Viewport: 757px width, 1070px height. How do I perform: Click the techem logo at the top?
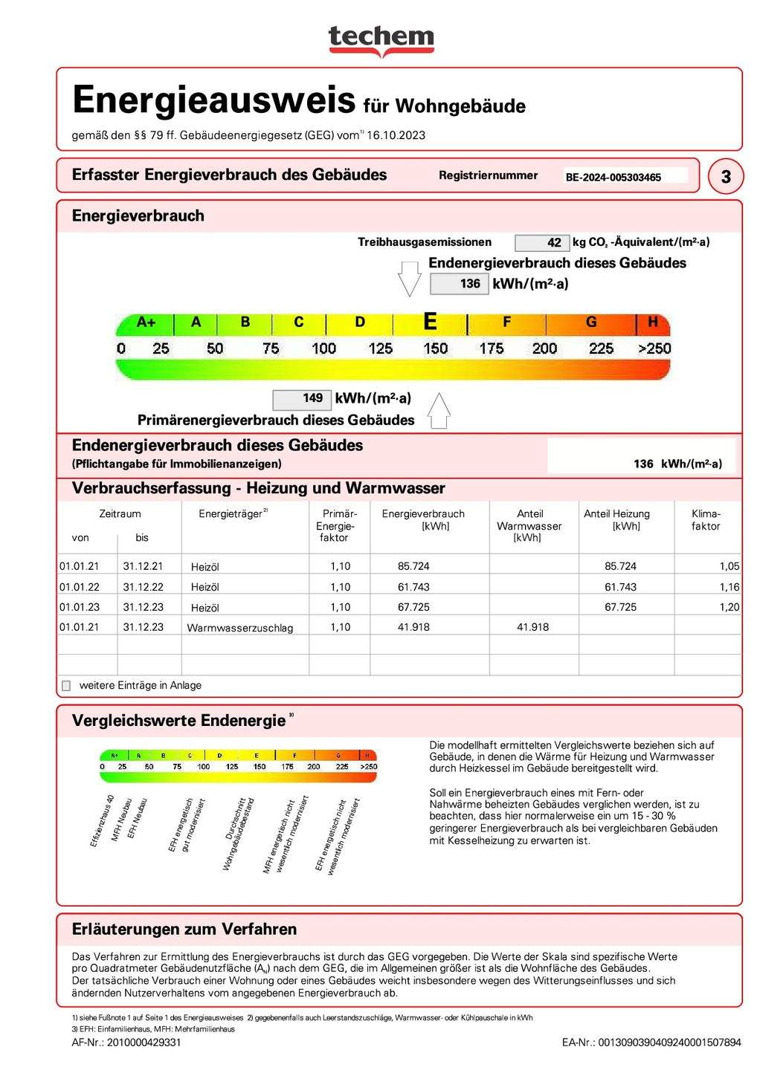tap(381, 39)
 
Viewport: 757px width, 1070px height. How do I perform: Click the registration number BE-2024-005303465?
tap(613, 178)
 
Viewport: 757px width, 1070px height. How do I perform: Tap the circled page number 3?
tap(726, 177)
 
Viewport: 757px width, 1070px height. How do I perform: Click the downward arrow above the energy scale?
tap(410, 279)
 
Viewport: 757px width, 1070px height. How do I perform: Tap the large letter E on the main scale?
tap(430, 322)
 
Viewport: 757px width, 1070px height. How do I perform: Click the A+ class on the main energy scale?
tap(146, 322)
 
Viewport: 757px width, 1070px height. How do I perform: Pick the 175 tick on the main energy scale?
tap(491, 348)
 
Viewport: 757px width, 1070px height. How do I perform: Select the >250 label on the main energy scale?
tap(654, 348)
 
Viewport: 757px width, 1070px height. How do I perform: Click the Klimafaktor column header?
tap(706, 520)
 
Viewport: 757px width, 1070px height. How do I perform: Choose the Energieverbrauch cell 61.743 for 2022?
tap(413, 587)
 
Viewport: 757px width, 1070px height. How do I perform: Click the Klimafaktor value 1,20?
tap(729, 607)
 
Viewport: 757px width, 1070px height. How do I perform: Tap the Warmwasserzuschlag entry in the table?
tap(239, 628)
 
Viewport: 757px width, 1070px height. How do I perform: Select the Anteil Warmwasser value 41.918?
tap(532, 627)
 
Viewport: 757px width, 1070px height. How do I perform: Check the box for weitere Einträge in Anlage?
tap(66, 686)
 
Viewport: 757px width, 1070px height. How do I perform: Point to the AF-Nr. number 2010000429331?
tap(144, 1043)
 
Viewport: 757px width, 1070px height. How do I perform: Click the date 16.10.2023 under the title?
tap(396, 135)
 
